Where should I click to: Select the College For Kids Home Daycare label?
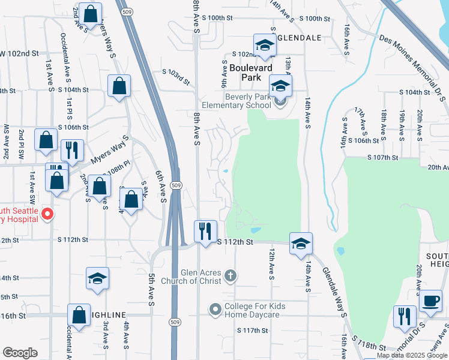(255, 310)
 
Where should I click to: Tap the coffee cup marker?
(430, 301)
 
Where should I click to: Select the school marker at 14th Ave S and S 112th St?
(301, 244)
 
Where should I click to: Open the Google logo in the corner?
(20, 353)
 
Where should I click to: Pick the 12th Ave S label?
(271, 263)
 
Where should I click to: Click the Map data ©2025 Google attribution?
(412, 355)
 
